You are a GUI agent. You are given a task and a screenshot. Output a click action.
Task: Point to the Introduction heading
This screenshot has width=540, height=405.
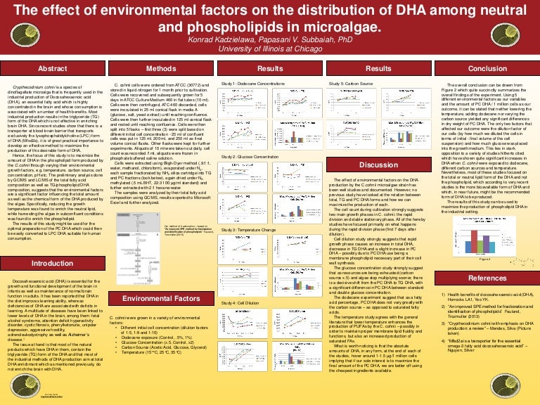pos(52,263)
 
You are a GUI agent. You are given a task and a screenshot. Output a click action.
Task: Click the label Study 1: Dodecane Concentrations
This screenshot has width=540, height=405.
pos(254,84)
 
